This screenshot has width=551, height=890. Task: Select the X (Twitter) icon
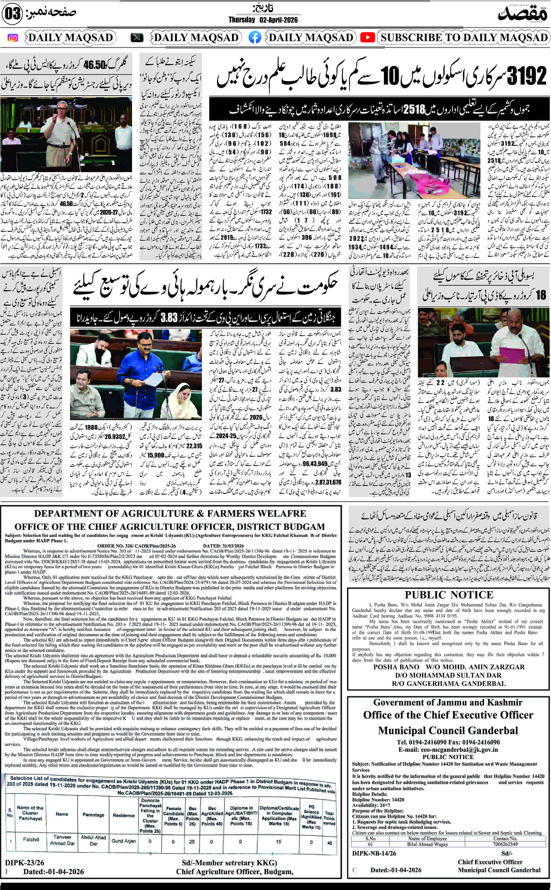pyautogui.click(x=137, y=38)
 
